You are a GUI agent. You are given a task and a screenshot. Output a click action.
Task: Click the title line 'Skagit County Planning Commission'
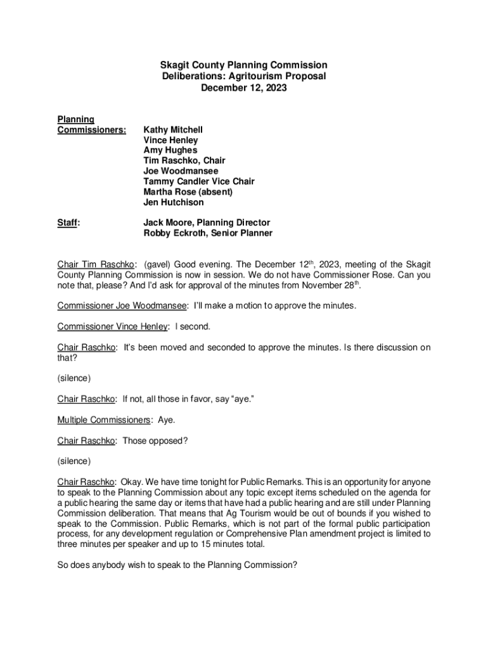tap(243, 65)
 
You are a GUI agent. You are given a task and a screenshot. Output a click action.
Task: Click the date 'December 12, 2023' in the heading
tap(243, 88)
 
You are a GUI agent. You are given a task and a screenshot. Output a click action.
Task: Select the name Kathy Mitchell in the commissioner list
tap(173, 129)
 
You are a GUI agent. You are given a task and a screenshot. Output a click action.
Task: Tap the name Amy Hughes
tap(170, 150)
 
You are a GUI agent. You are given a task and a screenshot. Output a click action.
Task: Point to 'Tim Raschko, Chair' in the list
tap(184, 161)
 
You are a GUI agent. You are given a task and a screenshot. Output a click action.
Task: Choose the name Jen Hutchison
tap(174, 203)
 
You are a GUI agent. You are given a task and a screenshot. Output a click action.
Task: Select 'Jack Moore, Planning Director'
tap(207, 222)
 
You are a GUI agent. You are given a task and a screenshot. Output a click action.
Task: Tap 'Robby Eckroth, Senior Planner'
tap(208, 233)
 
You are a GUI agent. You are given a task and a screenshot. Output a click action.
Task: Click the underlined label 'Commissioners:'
tap(92, 130)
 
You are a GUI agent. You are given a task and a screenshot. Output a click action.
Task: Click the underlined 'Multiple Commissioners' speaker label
tap(105, 420)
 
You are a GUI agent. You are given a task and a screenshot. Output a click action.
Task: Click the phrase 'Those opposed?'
tap(155, 440)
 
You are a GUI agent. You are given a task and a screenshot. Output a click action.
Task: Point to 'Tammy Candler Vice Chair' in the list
tap(199, 182)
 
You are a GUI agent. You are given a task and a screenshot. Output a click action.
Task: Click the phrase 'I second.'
tap(193, 326)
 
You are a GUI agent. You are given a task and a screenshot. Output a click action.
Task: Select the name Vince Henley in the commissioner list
tap(170, 140)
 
